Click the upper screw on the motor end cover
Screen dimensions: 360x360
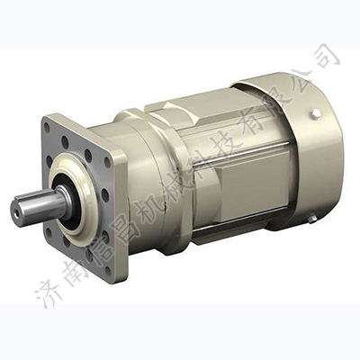point(316,112)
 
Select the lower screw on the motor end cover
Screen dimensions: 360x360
point(310,219)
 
